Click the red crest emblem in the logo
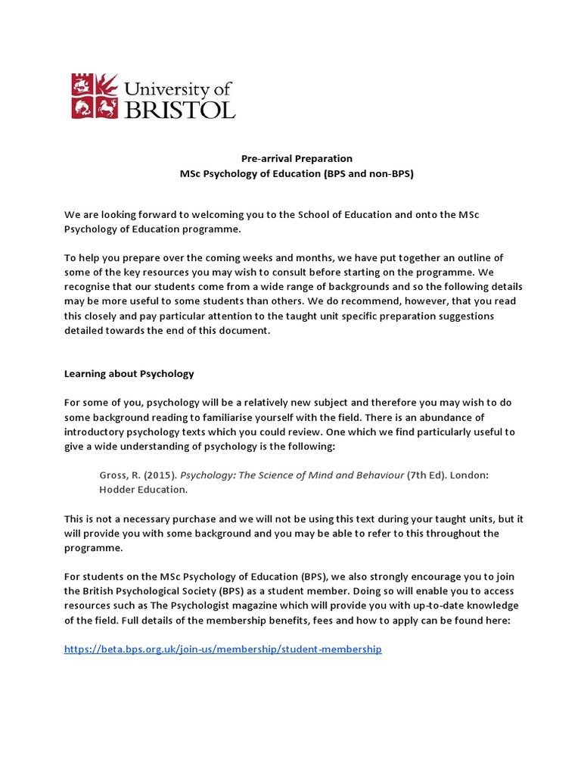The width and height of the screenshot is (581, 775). [95, 96]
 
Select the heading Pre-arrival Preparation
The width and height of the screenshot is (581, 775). [297, 158]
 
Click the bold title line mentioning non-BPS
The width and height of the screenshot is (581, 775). [297, 173]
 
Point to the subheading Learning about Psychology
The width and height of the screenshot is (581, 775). [129, 373]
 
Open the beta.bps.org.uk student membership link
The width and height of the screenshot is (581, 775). [223, 649]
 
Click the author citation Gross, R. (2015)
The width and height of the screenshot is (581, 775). [137, 475]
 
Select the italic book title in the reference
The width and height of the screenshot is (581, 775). [291, 475]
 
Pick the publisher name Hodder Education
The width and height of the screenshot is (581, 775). [142, 490]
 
